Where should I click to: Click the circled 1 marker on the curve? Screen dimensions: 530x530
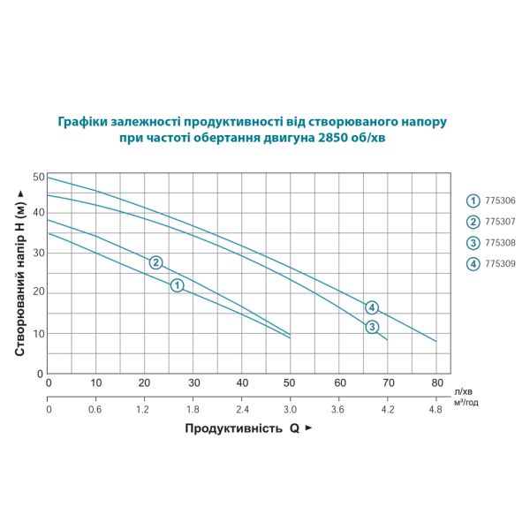point(177,285)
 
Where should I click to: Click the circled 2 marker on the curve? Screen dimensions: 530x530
point(155,262)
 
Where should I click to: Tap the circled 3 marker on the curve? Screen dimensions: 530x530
point(373,327)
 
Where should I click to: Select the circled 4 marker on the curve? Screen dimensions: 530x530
point(373,307)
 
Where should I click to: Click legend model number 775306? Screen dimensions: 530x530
point(498,201)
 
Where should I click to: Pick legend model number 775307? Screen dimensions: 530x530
point(498,222)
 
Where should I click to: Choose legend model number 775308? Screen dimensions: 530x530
point(498,243)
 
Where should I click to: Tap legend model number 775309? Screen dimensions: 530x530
point(498,264)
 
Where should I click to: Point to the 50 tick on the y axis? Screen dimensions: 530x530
point(38,177)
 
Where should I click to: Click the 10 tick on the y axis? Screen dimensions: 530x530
point(38,334)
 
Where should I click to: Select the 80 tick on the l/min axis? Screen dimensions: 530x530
point(436,383)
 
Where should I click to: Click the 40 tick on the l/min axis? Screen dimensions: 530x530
point(242,383)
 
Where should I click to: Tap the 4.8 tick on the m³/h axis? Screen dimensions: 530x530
point(436,410)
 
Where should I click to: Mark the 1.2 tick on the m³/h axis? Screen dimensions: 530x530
point(145,410)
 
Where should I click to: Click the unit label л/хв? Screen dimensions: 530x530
point(462,390)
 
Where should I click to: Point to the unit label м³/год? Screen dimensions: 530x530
point(466,403)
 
